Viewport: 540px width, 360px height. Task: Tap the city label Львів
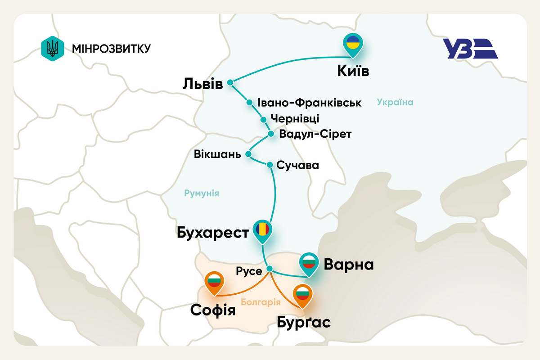(203, 84)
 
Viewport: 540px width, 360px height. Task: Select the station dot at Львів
(230, 82)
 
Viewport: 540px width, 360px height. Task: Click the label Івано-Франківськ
(309, 103)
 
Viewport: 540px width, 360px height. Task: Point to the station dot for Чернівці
(264, 119)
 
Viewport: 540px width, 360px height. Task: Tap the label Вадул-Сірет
(315, 134)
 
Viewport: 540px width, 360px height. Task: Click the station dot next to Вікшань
(248, 154)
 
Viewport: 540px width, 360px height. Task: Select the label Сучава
(298, 165)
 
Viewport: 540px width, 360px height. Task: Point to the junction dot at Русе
(270, 269)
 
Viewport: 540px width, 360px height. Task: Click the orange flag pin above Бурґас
(302, 294)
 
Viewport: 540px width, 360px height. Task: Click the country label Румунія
(201, 193)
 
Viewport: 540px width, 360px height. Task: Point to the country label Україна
(395, 102)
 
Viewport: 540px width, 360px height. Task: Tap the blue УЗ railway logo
(469, 49)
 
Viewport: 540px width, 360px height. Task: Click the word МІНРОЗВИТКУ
(111, 48)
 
